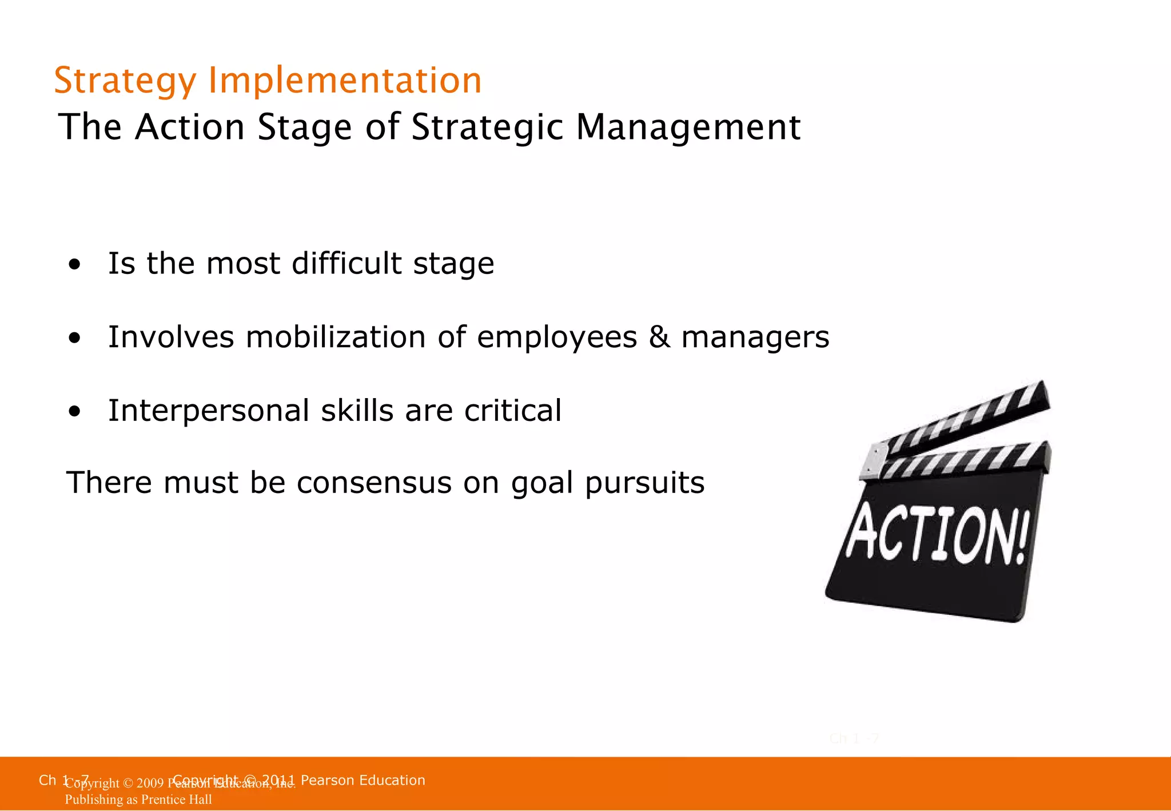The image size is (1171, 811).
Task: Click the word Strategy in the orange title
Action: pos(125,81)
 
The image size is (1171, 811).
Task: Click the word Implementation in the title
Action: pos(345,81)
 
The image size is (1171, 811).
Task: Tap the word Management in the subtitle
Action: pos(688,127)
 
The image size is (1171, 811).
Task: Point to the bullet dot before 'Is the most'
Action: pos(74,265)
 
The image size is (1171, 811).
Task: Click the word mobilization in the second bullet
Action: pos(336,337)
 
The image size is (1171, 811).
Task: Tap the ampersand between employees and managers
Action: pos(659,337)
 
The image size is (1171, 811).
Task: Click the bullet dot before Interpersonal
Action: pos(74,412)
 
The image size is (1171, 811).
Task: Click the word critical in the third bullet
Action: pos(513,411)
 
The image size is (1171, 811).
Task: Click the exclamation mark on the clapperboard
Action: pos(1022,538)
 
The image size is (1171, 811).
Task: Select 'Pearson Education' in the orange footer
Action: pos(363,780)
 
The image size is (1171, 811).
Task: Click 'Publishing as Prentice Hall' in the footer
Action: pos(138,800)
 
